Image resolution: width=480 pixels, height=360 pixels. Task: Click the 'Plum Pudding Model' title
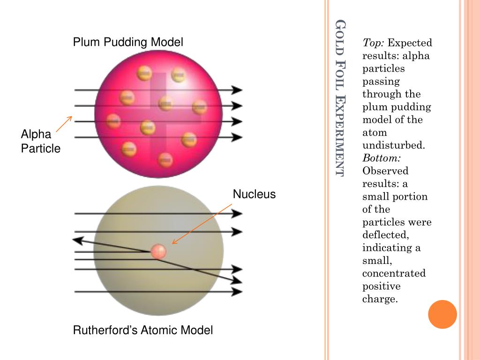128,42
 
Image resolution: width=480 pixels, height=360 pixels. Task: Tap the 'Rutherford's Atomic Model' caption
142,330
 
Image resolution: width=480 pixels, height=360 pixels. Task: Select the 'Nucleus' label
254,194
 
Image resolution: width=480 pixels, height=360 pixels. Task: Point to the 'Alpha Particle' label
40,141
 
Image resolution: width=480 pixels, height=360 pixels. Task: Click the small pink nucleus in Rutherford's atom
158,252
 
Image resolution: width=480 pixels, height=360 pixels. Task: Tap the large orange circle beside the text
442,315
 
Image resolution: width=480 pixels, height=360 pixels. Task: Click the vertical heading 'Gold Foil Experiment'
340,98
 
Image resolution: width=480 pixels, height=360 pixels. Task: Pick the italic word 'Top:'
373,43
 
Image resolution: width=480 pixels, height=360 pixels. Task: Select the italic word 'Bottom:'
382,158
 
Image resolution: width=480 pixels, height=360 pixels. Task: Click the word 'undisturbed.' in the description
394,145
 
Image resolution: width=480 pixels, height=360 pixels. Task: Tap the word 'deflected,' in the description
386,235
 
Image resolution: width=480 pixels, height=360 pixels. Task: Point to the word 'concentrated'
394,273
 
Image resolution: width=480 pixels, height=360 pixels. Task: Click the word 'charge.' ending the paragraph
380,299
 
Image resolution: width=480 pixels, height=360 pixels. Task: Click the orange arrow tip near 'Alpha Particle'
71,117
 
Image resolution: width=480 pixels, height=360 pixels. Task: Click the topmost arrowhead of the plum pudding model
237,90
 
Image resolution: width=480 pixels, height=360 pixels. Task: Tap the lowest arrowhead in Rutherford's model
237,292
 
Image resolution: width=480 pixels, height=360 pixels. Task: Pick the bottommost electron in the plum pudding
165,160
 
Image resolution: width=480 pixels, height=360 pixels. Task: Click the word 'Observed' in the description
385,171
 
